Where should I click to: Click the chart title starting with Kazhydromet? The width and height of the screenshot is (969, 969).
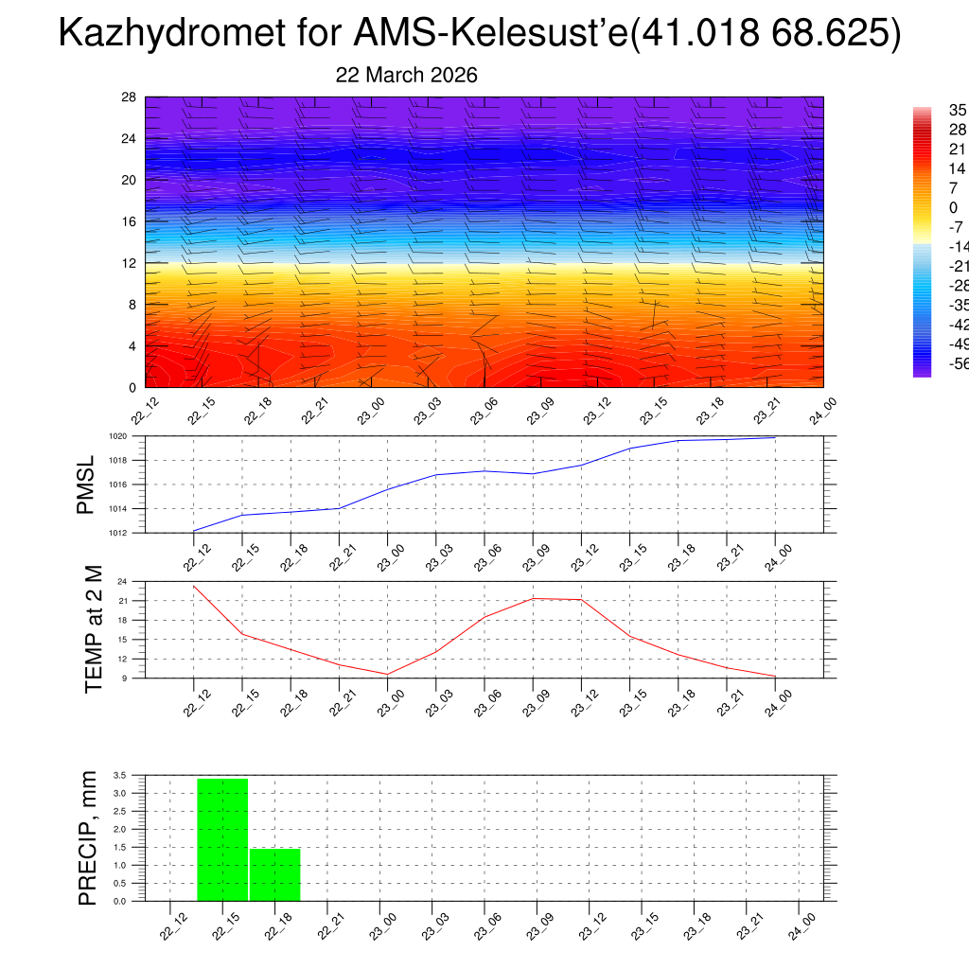[x=480, y=34]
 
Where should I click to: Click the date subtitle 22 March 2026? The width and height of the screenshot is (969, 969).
[x=407, y=76]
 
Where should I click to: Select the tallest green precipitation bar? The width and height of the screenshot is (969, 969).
[x=222, y=839]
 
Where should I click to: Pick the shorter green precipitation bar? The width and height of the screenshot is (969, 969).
[x=274, y=874]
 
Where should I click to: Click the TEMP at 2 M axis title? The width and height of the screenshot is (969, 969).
[x=93, y=628]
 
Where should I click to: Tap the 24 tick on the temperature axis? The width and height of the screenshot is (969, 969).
[x=123, y=581]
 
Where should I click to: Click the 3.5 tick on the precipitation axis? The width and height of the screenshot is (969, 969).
[x=120, y=775]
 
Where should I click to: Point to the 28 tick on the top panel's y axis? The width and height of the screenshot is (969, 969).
[x=130, y=97]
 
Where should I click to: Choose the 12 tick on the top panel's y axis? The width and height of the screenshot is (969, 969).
[x=130, y=263]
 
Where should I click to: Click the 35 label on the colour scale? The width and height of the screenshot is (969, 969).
[x=958, y=111]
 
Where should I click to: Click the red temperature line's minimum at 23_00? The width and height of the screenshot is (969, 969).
[x=387, y=674]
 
